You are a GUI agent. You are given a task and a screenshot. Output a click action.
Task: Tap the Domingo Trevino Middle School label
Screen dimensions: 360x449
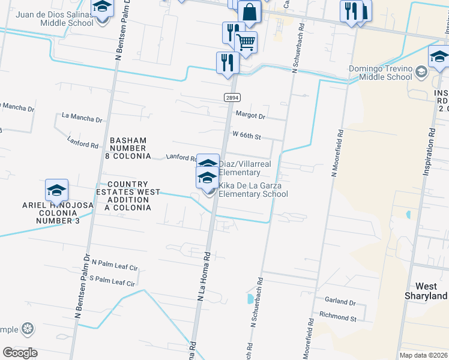click(x=382, y=73)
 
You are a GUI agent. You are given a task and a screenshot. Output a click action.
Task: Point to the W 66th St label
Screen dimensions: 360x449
click(x=246, y=136)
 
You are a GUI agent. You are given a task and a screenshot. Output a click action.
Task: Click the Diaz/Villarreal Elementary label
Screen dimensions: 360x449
click(x=239, y=168)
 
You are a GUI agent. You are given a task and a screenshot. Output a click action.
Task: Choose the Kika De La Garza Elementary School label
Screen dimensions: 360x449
click(x=253, y=190)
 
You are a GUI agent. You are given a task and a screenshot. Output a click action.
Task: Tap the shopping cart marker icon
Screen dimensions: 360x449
click(x=246, y=41)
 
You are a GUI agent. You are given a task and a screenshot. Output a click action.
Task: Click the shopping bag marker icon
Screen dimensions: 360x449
click(x=249, y=11)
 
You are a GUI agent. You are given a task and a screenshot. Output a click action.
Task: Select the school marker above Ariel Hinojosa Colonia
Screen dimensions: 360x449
click(x=56, y=190)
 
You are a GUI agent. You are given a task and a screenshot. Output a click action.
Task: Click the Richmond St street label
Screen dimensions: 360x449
click(x=338, y=316)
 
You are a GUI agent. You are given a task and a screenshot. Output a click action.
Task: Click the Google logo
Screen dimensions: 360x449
click(x=20, y=353)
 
